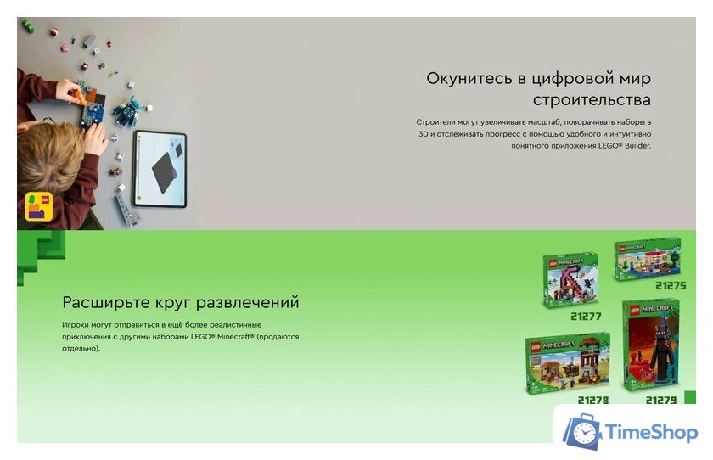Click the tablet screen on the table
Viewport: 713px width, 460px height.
[x=160, y=169]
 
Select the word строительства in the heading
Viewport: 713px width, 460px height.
[x=592, y=101]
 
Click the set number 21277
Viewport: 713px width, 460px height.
[x=585, y=317]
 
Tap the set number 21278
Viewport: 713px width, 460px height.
[x=592, y=400]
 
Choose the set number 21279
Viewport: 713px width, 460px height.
[x=660, y=400]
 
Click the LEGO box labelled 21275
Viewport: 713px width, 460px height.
[x=647, y=258]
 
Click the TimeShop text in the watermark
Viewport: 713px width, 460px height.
[x=652, y=434]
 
